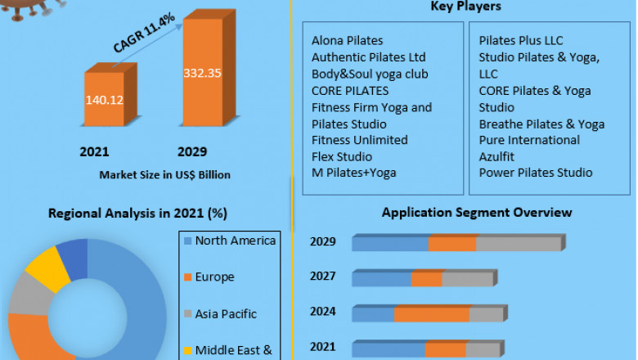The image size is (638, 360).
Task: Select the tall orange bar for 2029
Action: (x=202, y=74)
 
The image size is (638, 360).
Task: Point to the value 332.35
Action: (x=202, y=73)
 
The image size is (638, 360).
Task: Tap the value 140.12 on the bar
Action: (x=104, y=101)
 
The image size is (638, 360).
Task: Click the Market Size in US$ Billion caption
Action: (x=164, y=174)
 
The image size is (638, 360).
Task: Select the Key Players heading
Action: (x=465, y=7)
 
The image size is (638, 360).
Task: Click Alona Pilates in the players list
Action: (x=347, y=40)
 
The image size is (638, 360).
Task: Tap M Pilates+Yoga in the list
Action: (x=353, y=173)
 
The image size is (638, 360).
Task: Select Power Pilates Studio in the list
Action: (x=536, y=173)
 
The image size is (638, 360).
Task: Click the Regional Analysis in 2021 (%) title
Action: (x=137, y=214)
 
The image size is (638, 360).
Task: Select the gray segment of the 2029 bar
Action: (x=518, y=244)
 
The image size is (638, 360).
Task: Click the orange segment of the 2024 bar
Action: (x=431, y=314)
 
